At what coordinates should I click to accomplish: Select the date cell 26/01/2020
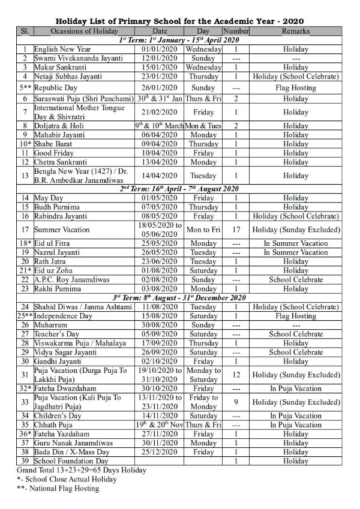pos(160,87)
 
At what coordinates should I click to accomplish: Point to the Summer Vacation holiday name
pos(62,230)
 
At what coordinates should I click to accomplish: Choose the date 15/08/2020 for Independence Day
pos(160,316)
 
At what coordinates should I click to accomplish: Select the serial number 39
pos(25,461)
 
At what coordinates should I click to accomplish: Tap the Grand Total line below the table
pos(82,471)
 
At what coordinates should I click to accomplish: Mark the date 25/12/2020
pos(160,452)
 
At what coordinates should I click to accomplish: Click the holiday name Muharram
pos(52,325)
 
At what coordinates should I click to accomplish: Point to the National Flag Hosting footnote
pos(58,489)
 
